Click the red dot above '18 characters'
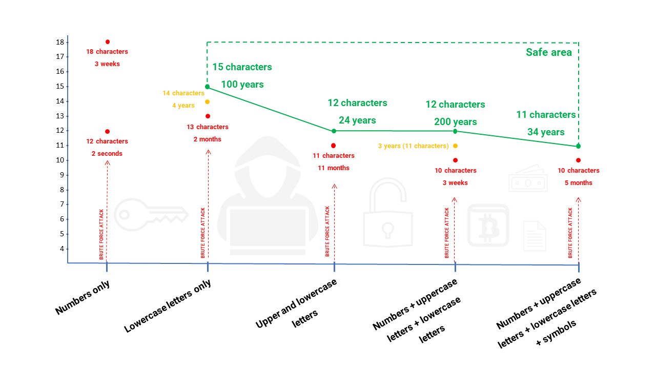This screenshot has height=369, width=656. (x=107, y=42)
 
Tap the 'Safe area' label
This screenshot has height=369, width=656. (x=548, y=52)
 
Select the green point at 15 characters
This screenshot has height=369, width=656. (x=207, y=87)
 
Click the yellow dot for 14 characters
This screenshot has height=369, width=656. (x=207, y=101)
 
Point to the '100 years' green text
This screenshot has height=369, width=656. (x=242, y=84)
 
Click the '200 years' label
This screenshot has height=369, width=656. (x=455, y=122)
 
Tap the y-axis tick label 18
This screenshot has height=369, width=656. (x=60, y=42)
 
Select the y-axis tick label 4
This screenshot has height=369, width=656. (x=62, y=249)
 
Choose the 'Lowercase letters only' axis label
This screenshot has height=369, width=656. (x=168, y=306)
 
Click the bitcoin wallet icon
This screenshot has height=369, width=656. (x=488, y=225)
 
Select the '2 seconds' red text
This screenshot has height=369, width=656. (x=107, y=153)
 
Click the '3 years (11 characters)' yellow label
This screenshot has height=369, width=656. (x=413, y=146)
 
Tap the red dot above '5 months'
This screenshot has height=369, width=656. (x=578, y=160)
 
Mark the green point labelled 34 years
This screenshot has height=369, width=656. (x=578, y=146)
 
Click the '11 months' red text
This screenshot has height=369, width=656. (x=334, y=168)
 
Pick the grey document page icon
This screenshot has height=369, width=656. (x=535, y=236)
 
